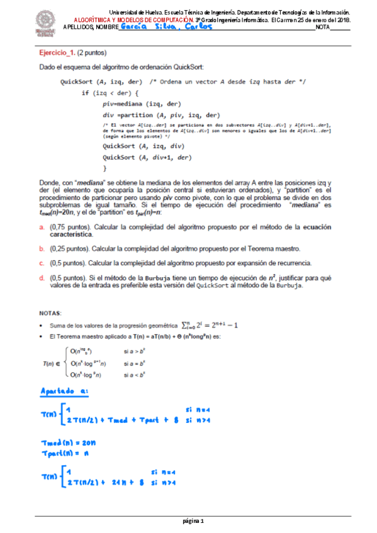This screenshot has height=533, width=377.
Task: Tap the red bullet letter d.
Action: coord(42,277)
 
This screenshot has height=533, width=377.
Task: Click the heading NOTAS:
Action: coord(50,312)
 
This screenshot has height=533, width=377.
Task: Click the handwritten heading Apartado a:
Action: coord(65,393)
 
